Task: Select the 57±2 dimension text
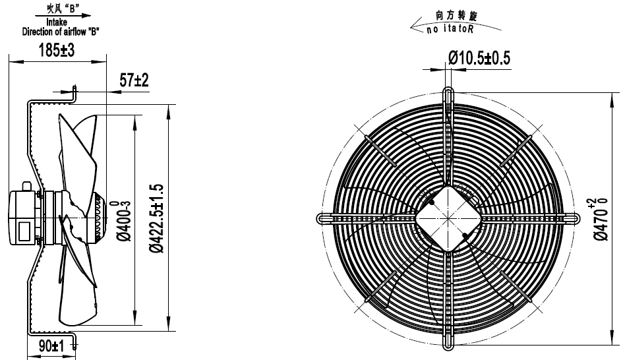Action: pyautogui.click(x=134, y=80)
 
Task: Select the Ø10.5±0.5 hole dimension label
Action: pyautogui.click(x=479, y=58)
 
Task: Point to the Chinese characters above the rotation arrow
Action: pyautogui.click(x=455, y=14)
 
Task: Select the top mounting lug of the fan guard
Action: pyautogui.click(x=448, y=94)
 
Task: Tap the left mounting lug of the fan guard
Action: pyautogui.click(x=324, y=218)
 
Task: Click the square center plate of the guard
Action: pyautogui.click(x=448, y=218)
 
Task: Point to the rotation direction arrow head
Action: pyautogui.click(x=413, y=29)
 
